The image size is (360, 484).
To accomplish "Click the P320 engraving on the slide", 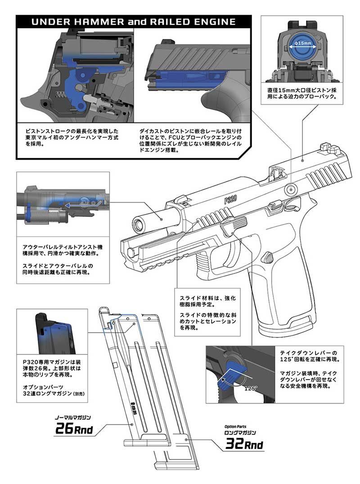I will point(231,199).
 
